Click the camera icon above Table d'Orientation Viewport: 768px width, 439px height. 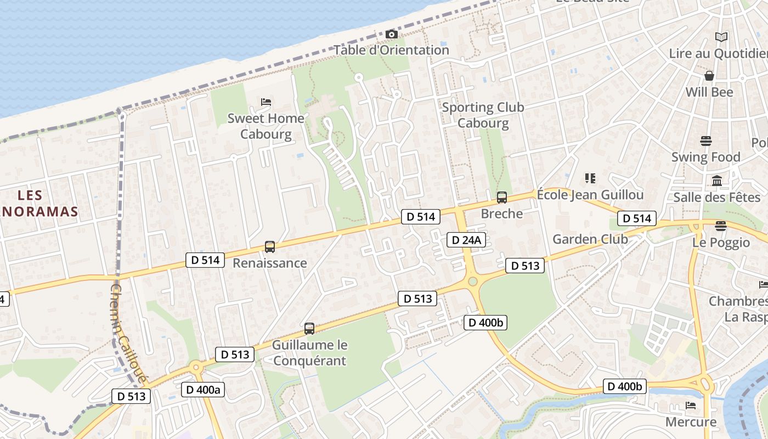pos(391,35)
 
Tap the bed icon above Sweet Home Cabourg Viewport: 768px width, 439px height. pos(266,102)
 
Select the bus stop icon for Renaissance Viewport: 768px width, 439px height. pos(269,247)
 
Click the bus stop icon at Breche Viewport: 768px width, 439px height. pos(501,198)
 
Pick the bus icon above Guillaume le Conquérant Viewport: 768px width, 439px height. pos(309,329)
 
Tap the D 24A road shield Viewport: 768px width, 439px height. pos(466,240)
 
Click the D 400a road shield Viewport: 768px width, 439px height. pos(202,390)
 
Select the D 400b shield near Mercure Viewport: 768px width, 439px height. pos(624,386)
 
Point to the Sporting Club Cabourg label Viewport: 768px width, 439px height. pos(483,115)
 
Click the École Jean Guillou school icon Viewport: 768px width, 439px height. pos(590,178)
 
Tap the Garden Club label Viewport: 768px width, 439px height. pos(590,239)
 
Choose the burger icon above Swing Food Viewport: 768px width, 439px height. pos(706,141)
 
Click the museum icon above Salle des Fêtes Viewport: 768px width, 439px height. pos(716,181)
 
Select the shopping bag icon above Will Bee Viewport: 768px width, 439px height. pos(709,76)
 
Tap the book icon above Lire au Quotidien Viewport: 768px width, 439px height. pos(721,37)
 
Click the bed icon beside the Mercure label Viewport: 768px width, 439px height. pos(691,406)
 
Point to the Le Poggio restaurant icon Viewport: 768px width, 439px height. pos(721,226)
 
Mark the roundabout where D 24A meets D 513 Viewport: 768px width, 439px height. pos(473,282)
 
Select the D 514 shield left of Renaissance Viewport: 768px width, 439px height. pos(206,260)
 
